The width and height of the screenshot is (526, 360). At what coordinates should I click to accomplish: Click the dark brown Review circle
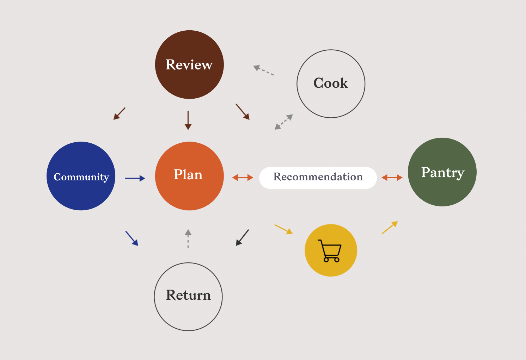pyautogui.click(x=189, y=64)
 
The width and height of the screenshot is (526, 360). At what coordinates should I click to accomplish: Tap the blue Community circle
pyautogui.click(x=81, y=176)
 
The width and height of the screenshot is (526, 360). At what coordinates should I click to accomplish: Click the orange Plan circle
pyautogui.click(x=189, y=176)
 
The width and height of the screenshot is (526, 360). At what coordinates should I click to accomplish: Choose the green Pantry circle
pyautogui.click(x=442, y=172)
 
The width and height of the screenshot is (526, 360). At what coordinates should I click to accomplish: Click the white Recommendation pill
pyautogui.click(x=318, y=178)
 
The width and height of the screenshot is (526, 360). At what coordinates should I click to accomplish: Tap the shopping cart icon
pyautogui.click(x=330, y=251)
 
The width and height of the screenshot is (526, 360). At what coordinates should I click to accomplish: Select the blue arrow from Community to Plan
pyautogui.click(x=135, y=178)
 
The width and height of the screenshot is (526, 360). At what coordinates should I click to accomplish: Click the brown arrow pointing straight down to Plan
pyautogui.click(x=188, y=120)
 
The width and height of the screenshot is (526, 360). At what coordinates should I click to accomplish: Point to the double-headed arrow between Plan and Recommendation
pyautogui.click(x=243, y=178)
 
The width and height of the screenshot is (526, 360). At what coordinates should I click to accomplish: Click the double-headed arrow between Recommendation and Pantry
pyautogui.click(x=392, y=178)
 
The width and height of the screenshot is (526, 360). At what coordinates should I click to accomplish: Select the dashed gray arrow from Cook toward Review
pyautogui.click(x=263, y=70)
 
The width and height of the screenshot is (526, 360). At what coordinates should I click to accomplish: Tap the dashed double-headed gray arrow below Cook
pyautogui.click(x=284, y=122)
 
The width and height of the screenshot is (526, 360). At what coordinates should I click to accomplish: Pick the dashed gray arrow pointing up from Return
pyautogui.click(x=188, y=238)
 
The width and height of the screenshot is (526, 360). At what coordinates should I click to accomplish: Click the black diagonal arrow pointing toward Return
pyautogui.click(x=242, y=238)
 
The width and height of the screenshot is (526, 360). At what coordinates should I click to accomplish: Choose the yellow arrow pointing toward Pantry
pyautogui.click(x=390, y=228)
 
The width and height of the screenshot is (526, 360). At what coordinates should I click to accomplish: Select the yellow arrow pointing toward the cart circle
pyautogui.click(x=283, y=229)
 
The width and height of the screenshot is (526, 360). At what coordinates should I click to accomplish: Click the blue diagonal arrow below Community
pyautogui.click(x=132, y=238)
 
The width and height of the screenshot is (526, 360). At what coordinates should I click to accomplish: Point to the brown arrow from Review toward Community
pyautogui.click(x=120, y=113)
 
